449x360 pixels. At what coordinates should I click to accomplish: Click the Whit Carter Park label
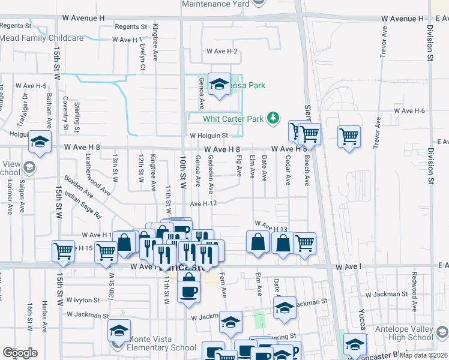[234, 119]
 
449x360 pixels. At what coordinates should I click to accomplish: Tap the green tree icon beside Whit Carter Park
[273, 116]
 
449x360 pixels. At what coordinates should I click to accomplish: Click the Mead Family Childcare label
[41, 38]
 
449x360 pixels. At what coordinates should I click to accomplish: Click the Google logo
[20, 353]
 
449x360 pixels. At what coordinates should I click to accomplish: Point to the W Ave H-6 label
[409, 111]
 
